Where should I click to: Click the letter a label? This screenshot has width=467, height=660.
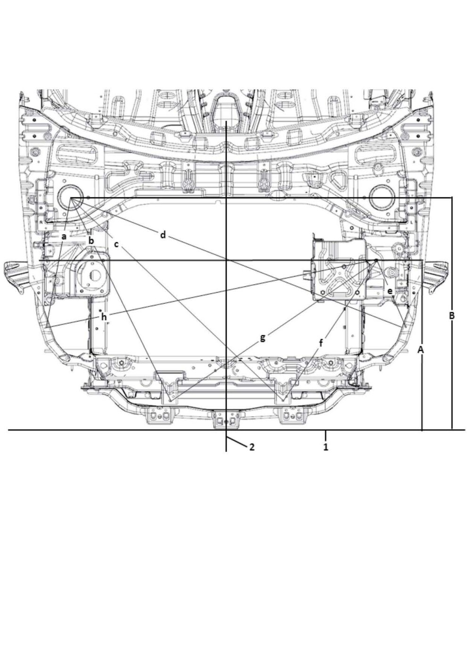pos(64,236)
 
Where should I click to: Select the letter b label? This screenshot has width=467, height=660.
pos(92,241)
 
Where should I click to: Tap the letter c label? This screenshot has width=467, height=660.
pos(117,244)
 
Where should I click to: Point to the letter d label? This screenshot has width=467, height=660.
pos(163,235)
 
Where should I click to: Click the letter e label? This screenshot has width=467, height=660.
pos(390,291)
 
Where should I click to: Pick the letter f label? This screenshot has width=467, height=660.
pos(322,343)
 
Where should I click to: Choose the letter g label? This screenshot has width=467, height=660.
pos(262,338)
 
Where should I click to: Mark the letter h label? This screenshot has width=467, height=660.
pos(104,317)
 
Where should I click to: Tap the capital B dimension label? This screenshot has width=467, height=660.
pos(452,315)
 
